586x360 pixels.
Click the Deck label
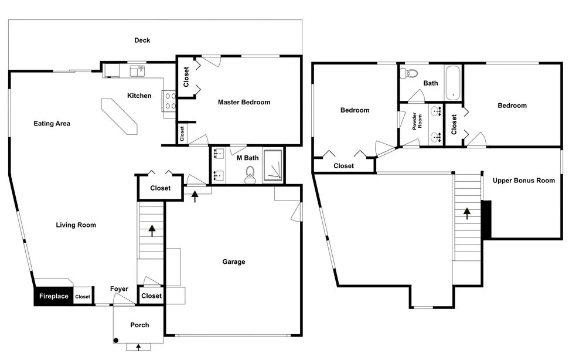click(x=142, y=40)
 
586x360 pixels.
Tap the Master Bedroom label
click(x=244, y=102)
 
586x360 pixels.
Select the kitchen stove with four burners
click(x=169, y=101)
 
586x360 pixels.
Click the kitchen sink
click(x=137, y=70)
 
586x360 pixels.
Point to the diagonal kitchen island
click(x=120, y=116)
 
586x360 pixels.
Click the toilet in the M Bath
click(x=250, y=175)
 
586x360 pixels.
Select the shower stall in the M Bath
click(x=273, y=165)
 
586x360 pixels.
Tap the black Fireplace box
click(x=53, y=296)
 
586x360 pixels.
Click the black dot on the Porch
click(x=116, y=340)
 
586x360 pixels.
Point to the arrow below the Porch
click(x=138, y=347)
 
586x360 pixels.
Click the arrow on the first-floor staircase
click(x=152, y=230)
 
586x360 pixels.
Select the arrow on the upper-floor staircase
click(x=467, y=213)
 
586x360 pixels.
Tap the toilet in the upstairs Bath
click(x=409, y=73)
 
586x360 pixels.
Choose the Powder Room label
click(x=417, y=121)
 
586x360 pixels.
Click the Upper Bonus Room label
click(x=523, y=181)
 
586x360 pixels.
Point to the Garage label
click(x=234, y=261)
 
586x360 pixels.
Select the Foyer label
click(x=119, y=288)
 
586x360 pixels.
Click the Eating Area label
click(x=52, y=123)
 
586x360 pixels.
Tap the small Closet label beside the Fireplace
click(x=83, y=297)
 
